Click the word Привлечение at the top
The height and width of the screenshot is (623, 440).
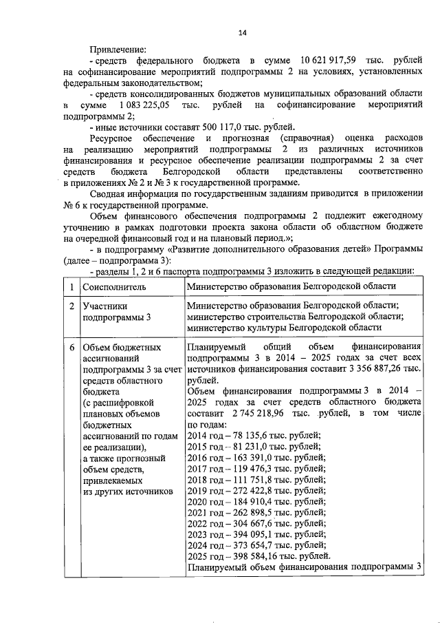click(118, 49)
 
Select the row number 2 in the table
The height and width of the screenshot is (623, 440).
click(71, 306)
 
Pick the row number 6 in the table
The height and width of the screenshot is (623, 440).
click(71, 348)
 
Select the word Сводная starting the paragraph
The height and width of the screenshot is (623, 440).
click(111, 193)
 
